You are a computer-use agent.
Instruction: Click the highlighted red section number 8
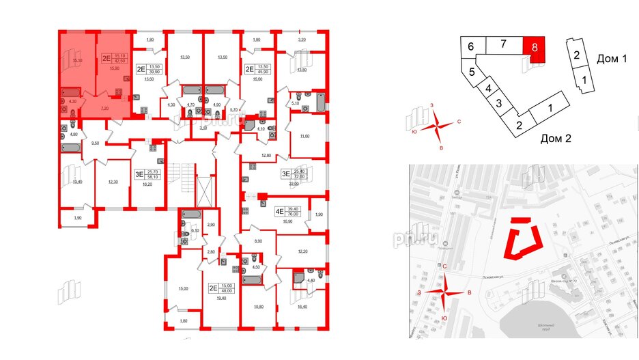536,49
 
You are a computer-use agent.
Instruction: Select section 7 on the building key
502,45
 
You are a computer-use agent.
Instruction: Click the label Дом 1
611,59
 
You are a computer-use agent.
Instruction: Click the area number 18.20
147,184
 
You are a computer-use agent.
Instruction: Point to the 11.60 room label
304,137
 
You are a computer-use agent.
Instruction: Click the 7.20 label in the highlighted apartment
105,108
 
